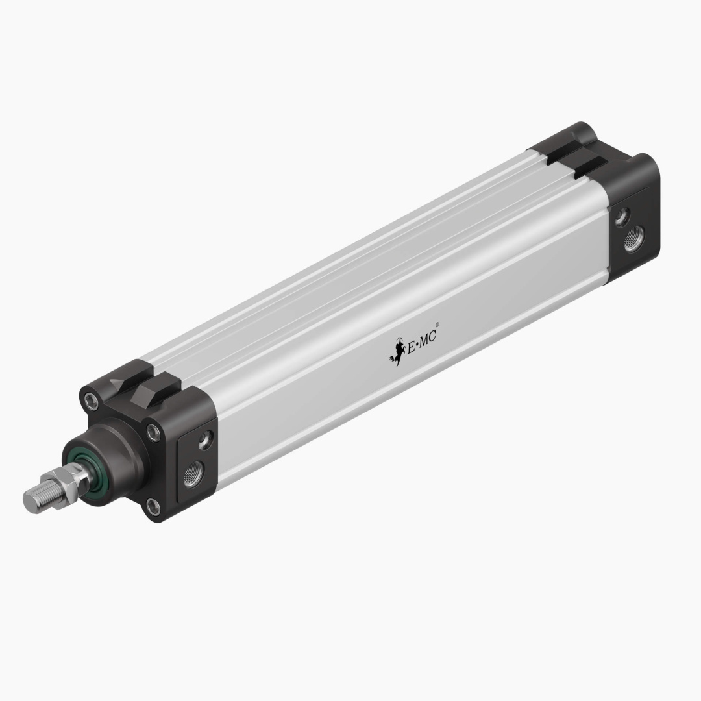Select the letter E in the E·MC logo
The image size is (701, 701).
click(x=410, y=347)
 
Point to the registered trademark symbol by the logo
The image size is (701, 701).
click(x=437, y=325)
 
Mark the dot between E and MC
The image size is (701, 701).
click(x=417, y=344)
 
